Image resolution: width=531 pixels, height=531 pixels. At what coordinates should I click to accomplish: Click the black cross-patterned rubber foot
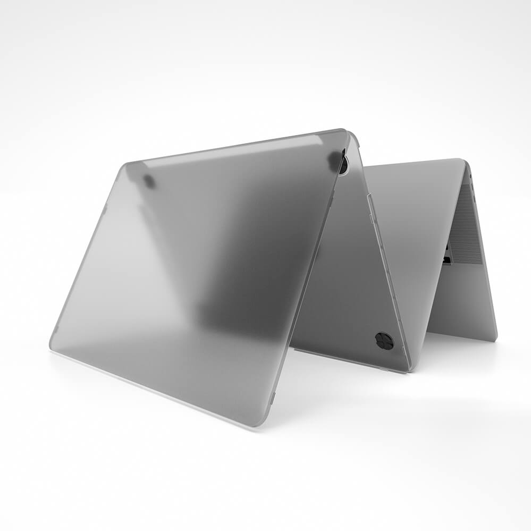pyautogui.click(x=384, y=341)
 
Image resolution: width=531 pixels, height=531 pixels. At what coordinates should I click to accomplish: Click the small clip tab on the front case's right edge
pyautogui.click(x=273, y=397)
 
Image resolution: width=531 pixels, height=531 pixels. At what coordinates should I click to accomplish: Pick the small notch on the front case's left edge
pyautogui.click(x=105, y=210)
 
